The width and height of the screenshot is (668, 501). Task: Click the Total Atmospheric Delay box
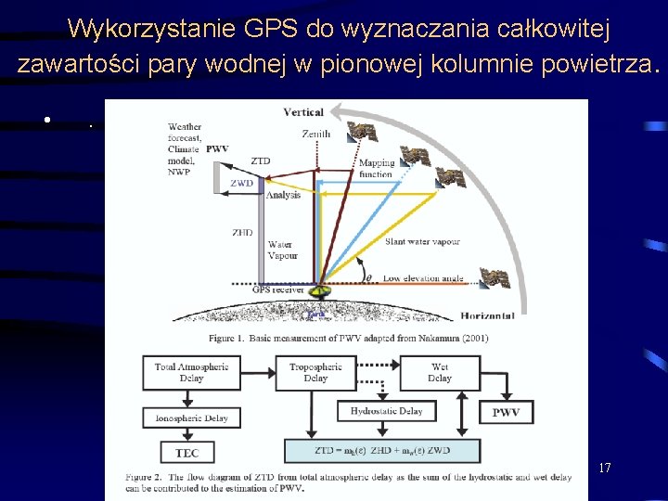pos(192,373)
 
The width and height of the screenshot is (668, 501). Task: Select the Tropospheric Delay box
pos(315,373)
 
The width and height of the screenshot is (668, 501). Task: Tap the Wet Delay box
pos(440,373)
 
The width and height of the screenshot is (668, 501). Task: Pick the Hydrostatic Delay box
pos(386,411)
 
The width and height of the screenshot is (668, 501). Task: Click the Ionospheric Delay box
pos(192,418)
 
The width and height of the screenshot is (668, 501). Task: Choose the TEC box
pos(187,453)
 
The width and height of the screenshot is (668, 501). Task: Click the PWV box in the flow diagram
pos(506,412)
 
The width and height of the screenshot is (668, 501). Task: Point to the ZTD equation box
pos(382,451)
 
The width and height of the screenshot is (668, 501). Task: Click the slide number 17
pos(604,468)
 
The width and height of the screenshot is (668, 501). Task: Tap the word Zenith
pos(315,135)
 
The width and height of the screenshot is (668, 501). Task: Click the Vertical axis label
pos(303,112)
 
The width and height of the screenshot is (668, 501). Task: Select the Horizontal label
pos(487,316)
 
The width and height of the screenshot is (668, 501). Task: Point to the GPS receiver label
pos(278,289)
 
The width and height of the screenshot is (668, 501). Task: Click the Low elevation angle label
pos(423,278)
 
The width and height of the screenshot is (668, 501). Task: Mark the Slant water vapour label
pos(423,242)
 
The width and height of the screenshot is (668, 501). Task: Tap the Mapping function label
pos(377,169)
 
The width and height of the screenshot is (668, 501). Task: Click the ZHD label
pos(242,233)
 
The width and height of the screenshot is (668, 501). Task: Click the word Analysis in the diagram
pos(284,195)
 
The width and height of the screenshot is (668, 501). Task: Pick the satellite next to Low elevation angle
pos(494,276)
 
